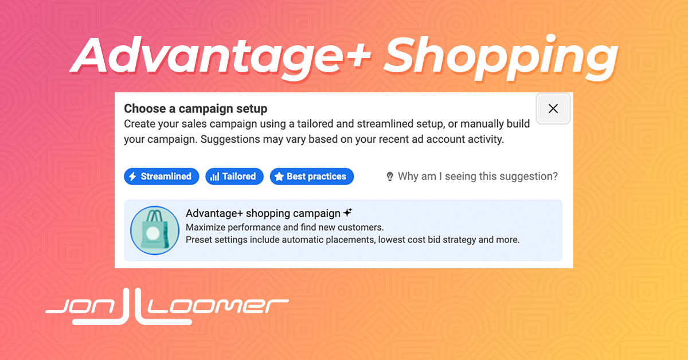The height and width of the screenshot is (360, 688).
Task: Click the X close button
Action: coord(553,108)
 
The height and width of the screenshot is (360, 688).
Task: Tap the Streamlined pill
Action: coord(161,177)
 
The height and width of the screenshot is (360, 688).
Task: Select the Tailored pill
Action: coord(234,177)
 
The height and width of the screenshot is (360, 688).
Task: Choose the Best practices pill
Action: coord(312,177)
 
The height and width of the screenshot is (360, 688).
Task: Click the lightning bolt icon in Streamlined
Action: coord(132,177)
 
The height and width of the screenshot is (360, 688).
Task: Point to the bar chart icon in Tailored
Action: coord(214,177)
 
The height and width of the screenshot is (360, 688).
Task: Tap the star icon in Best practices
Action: coord(279,177)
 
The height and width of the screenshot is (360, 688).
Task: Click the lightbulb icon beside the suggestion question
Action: coord(390,177)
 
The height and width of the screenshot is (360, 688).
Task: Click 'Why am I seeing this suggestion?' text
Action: coord(478,177)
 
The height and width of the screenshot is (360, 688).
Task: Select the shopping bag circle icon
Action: coord(154,230)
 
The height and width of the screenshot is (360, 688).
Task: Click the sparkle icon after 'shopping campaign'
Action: coord(347,212)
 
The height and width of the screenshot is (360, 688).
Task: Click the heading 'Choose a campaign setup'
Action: coord(196,109)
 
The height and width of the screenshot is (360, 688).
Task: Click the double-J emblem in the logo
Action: coord(131,307)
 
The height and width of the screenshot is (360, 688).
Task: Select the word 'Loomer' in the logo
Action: coord(218,306)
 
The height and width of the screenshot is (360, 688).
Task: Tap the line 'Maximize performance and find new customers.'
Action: coord(285,228)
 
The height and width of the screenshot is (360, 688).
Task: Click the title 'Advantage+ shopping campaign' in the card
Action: coord(263,213)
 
